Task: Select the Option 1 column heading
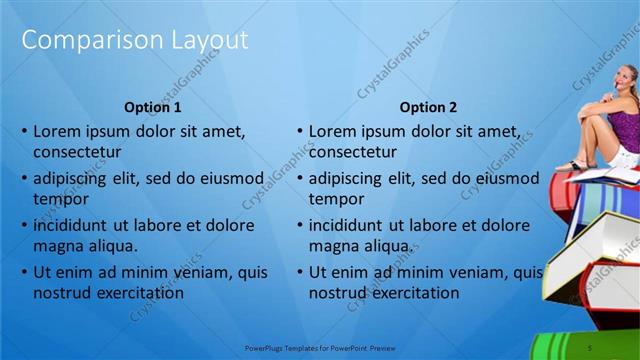(153, 107)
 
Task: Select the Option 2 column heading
(428, 107)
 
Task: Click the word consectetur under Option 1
(77, 152)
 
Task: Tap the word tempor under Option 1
(59, 198)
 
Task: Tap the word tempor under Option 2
(334, 198)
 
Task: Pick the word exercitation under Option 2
(409, 293)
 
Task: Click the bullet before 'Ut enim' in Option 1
(24, 272)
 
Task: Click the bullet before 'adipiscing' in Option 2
(299, 180)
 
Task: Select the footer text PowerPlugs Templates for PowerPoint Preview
(320, 347)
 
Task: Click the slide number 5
(590, 347)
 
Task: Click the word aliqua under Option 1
(110, 245)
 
